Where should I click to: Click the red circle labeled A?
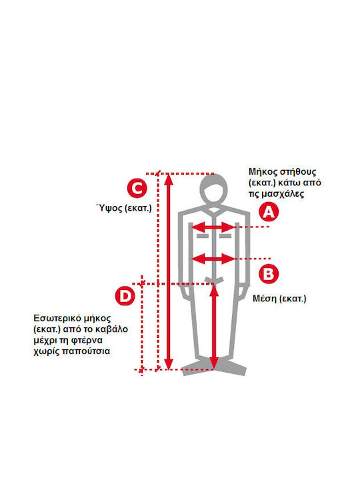pos(269,211)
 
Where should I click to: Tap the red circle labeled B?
pos(269,274)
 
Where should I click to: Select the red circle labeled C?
pos(137,188)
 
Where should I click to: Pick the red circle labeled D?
pos(125,296)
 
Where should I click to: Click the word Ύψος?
pos(109,208)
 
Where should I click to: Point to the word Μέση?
pos(265,298)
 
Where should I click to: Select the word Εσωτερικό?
pos(57,319)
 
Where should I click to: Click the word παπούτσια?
pos(86,351)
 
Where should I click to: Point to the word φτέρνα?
pos(87,341)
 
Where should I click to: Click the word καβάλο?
pos(111,329)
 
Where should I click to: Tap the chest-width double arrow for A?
pos(214,227)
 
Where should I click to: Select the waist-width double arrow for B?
pos(214,259)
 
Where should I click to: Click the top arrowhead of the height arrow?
pos(169,179)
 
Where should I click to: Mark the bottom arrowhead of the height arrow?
pos(169,364)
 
